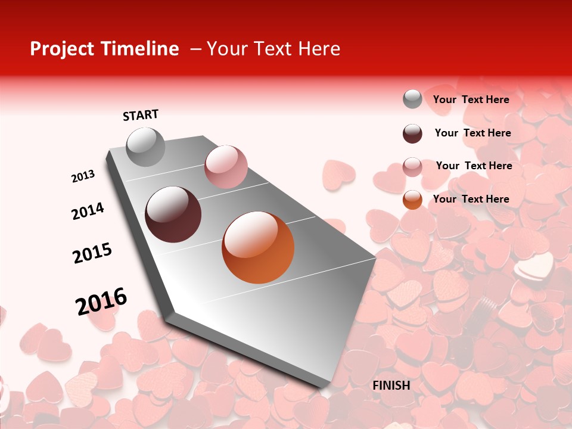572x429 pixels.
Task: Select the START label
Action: click(141, 115)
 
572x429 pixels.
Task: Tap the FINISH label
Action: click(391, 386)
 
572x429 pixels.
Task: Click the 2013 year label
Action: click(83, 176)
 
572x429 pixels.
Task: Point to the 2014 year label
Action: click(88, 211)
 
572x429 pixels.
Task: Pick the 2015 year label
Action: click(92, 253)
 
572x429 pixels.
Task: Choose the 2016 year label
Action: click(101, 301)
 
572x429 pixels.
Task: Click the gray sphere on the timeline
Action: click(146, 147)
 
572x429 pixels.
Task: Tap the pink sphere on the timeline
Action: click(226, 167)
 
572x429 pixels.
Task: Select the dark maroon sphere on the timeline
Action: click(173, 214)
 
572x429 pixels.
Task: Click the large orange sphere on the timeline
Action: click(258, 247)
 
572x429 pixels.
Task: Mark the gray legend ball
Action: click(412, 99)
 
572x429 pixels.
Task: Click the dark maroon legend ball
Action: click(412, 133)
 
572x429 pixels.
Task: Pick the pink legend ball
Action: click(412, 167)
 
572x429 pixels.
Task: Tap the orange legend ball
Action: click(412, 200)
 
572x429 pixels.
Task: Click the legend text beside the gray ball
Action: click(471, 100)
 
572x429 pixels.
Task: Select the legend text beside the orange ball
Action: click(471, 199)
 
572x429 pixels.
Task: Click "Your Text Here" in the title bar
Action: click(273, 49)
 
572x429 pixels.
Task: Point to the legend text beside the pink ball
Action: click(474, 166)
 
